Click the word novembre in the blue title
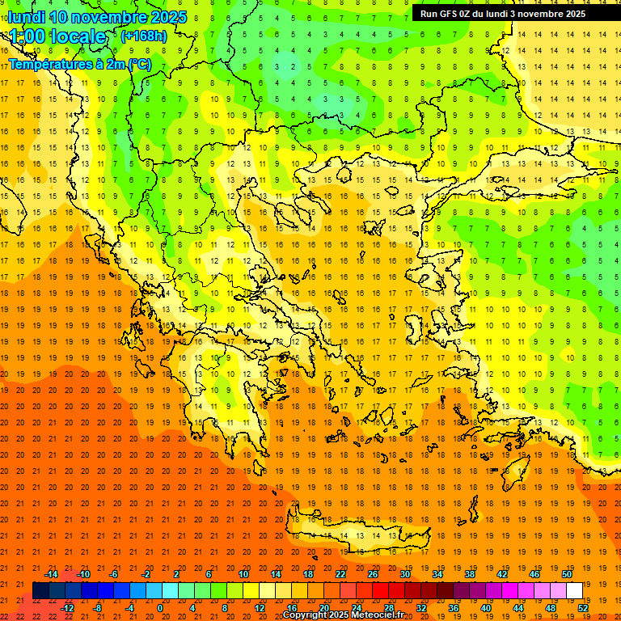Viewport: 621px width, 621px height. click(x=110, y=17)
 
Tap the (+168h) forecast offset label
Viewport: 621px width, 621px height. click(x=143, y=36)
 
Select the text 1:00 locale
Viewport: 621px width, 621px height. click(x=57, y=36)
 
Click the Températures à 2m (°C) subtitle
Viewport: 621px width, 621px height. click(x=79, y=64)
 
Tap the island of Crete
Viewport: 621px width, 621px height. click(x=356, y=534)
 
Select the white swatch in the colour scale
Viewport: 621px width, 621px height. click(x=574, y=590)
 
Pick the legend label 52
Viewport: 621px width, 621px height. click(x=583, y=607)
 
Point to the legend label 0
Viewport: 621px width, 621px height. click(x=159, y=607)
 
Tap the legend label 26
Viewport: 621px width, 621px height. click(x=373, y=573)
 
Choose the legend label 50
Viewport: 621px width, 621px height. click(x=566, y=573)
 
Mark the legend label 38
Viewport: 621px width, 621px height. click(x=470, y=573)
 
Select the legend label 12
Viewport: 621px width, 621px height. click(x=260, y=607)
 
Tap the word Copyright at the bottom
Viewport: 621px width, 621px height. click(x=307, y=615)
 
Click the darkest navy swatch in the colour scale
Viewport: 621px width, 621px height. click(x=40, y=590)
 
